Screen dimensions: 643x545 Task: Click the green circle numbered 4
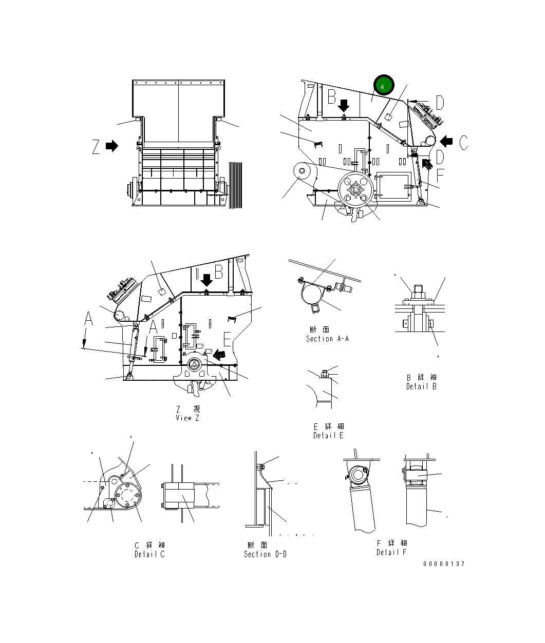(383, 86)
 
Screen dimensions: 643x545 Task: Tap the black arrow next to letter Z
(111, 146)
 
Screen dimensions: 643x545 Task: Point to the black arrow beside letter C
(446, 141)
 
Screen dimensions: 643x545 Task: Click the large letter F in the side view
(440, 176)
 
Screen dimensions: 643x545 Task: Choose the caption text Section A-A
(327, 339)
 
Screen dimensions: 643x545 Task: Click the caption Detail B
(421, 386)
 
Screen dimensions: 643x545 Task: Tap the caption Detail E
(328, 435)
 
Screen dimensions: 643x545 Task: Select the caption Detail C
(149, 554)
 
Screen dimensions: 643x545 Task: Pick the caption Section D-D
(265, 554)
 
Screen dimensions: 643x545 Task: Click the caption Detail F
(391, 552)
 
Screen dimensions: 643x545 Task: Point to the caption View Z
(187, 418)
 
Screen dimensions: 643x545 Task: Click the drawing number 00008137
(444, 564)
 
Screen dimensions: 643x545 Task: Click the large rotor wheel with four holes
(355, 190)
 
